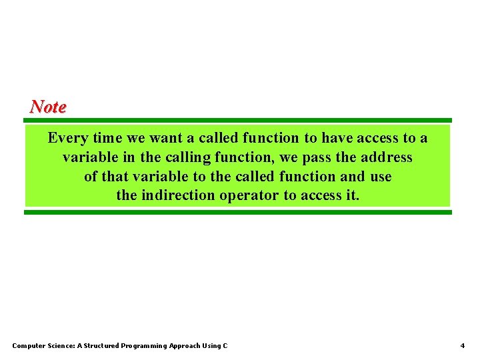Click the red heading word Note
pyautogui.click(x=48, y=107)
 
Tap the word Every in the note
pyautogui.click(x=67, y=139)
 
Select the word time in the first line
pyautogui.click(x=107, y=138)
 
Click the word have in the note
pyautogui.click(x=337, y=138)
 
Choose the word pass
pyautogui.click(x=316, y=158)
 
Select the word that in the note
pyautogui.click(x=115, y=177)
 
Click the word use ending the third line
pyautogui.click(x=380, y=177)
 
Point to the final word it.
pyautogui.click(x=353, y=195)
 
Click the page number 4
pyautogui.click(x=462, y=345)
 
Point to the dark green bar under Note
pyautogui.click(x=238, y=121)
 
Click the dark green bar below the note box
pyautogui.click(x=238, y=212)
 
